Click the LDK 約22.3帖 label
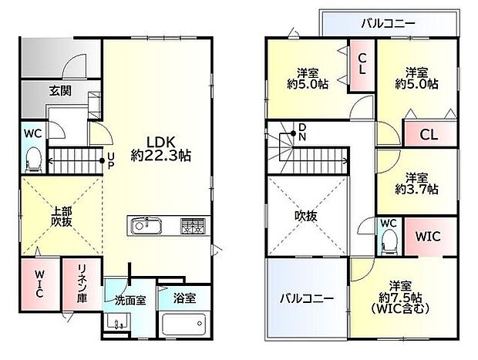[x=160, y=148]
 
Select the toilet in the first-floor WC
[x=33, y=160]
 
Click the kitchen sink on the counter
[x=146, y=226]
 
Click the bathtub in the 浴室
[x=184, y=324]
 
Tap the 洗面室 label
[x=130, y=298]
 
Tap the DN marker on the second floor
[x=302, y=133]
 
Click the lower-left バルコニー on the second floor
[x=306, y=298]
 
